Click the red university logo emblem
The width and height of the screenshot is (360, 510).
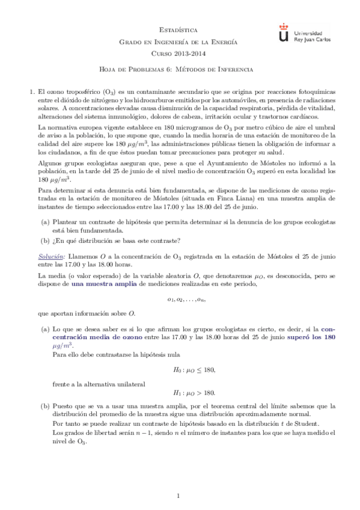click(284, 33)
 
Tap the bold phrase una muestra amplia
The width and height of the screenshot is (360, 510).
click(101, 286)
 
